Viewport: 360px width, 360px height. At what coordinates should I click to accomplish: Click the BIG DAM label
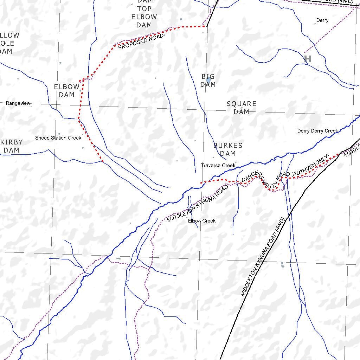208,81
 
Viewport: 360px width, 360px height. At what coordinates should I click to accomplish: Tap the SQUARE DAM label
241,108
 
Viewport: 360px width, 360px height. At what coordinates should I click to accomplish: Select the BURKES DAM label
228,149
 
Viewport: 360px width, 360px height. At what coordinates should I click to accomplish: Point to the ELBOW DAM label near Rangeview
66,91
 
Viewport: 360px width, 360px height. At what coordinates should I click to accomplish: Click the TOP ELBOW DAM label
144,17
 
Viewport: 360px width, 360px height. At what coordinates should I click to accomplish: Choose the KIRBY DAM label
11,146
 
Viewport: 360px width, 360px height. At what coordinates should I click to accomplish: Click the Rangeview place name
18,103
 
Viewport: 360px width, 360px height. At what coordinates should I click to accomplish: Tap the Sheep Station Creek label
58,138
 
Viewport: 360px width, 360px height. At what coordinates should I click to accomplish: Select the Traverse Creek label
218,165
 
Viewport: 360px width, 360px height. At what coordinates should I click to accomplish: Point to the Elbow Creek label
202,221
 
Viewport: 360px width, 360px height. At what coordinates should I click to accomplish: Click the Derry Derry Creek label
317,131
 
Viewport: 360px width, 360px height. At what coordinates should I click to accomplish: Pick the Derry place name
322,20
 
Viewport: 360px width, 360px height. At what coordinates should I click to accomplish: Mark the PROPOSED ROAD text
141,41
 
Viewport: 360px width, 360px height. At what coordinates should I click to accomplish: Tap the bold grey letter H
308,59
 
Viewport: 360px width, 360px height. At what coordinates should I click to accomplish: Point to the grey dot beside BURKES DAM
213,157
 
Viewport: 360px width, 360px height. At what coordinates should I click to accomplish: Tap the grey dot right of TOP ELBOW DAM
181,19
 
